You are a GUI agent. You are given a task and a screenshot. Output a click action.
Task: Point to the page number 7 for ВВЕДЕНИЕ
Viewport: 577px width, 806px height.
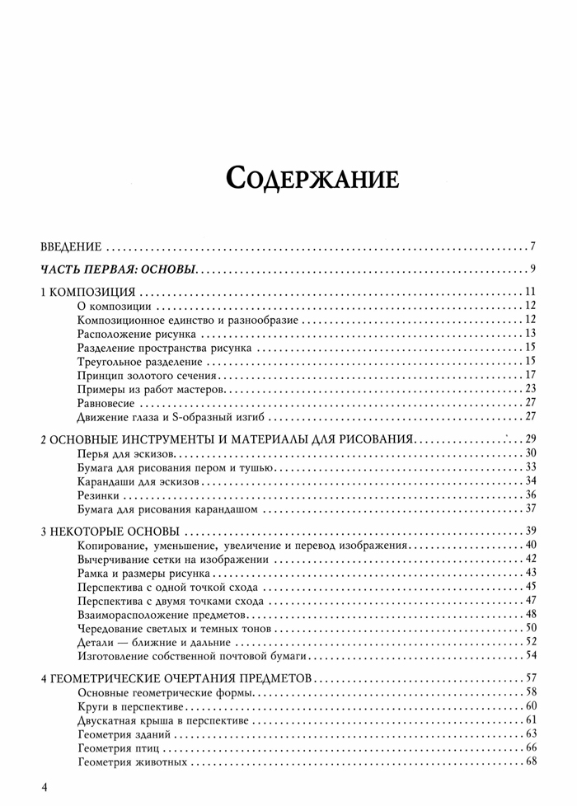point(534,246)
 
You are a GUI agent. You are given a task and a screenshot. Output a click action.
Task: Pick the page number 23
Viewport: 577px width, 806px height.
point(531,389)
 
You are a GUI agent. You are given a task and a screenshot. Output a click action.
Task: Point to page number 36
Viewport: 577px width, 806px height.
point(531,495)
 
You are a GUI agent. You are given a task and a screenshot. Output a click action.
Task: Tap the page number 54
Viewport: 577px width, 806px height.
point(531,656)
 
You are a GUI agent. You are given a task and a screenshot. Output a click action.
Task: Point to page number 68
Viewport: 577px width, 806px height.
point(531,762)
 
